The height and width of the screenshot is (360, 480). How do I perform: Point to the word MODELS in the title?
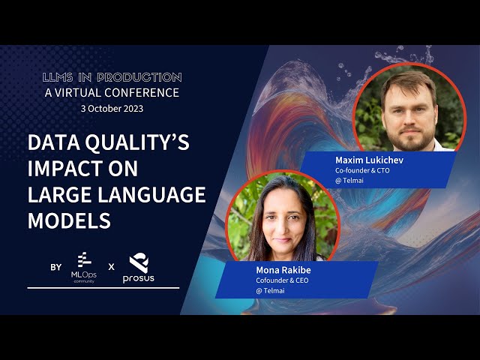click(69, 220)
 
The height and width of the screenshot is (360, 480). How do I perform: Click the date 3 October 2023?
click(112, 108)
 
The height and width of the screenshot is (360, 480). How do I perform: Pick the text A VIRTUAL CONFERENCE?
click(112, 93)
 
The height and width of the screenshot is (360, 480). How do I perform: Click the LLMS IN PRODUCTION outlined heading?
click(112, 77)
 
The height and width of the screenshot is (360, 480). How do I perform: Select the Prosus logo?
click(139, 268)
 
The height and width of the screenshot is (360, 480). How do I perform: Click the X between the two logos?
click(111, 266)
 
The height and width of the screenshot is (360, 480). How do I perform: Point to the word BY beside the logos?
click(55, 266)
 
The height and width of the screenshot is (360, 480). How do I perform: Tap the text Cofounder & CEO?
click(282, 280)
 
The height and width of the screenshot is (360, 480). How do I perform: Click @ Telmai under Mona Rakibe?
click(270, 290)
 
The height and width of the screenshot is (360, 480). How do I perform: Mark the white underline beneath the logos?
click(103, 287)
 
